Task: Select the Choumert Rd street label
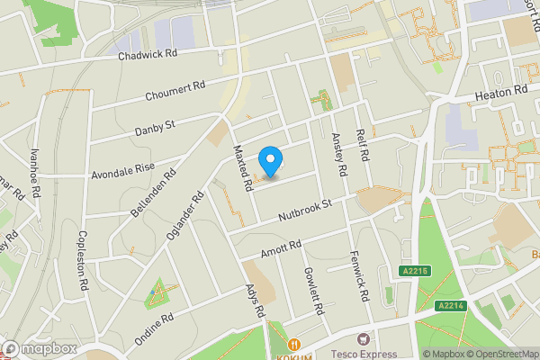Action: pyautogui.click(x=175, y=92)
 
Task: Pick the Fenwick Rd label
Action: pyautogui.click(x=360, y=276)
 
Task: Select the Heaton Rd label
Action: pyautogui.click(x=501, y=92)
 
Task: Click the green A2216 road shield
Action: pyautogui.click(x=416, y=270)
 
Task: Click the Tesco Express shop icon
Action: pyautogui.click(x=363, y=339)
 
